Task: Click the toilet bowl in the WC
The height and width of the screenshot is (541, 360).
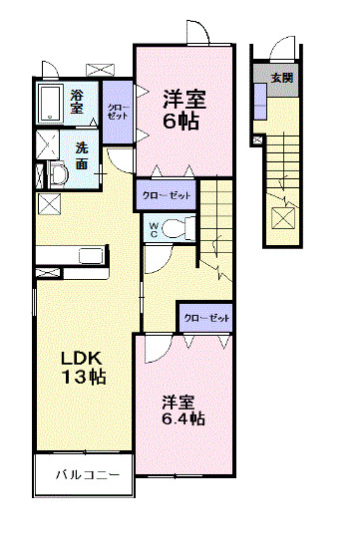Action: [175, 228]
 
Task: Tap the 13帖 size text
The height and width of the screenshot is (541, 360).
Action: [84, 379]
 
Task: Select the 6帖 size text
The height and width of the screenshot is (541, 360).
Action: [183, 122]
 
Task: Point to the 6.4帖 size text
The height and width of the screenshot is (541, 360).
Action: [183, 419]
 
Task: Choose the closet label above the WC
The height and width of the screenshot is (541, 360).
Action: [166, 194]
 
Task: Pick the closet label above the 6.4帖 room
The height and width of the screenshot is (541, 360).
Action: [206, 317]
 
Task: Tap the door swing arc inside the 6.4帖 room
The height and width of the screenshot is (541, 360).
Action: [158, 349]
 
